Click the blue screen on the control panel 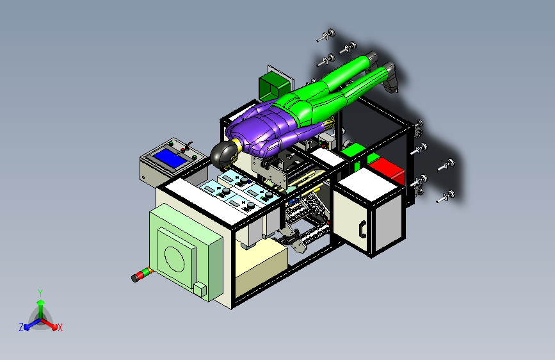(170, 158)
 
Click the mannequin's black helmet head (223, 155)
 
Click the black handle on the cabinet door (362, 229)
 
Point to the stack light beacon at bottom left (142, 275)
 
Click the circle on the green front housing (175, 259)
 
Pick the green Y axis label (40, 293)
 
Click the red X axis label (60, 328)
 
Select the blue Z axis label (21, 327)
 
